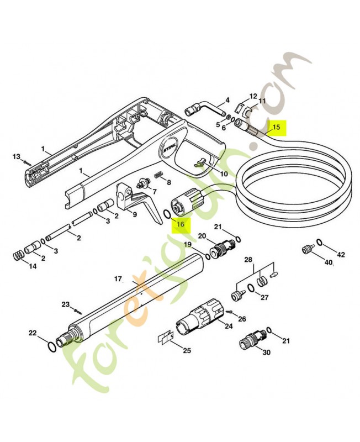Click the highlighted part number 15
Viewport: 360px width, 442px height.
click(x=276, y=127)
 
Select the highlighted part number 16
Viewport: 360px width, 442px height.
click(x=181, y=224)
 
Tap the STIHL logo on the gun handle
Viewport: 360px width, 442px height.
click(x=170, y=147)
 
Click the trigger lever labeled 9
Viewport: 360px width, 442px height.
click(x=135, y=199)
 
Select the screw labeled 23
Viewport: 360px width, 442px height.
click(x=78, y=311)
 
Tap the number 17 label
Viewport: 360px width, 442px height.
click(x=119, y=279)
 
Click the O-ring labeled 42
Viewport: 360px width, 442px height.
click(x=320, y=242)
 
